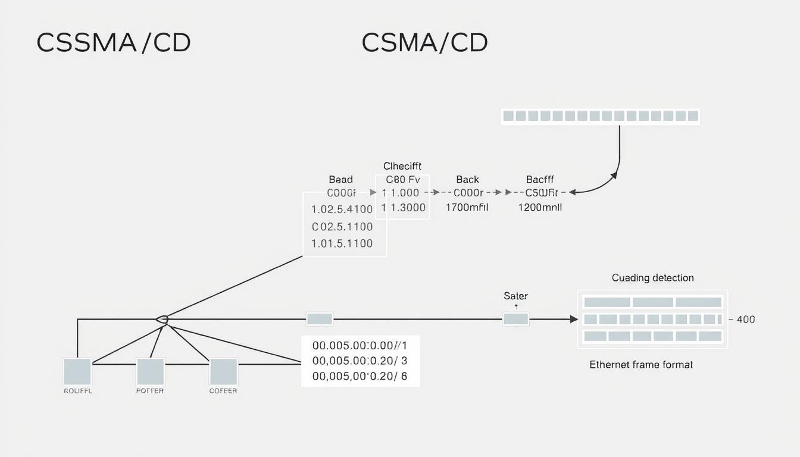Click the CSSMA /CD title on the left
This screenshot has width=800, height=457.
[x=114, y=43]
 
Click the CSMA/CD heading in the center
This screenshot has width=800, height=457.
[x=424, y=43]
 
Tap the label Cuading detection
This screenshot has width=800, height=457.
[x=652, y=278]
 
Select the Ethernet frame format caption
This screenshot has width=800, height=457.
[x=640, y=365]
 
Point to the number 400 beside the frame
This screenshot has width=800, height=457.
[x=745, y=320]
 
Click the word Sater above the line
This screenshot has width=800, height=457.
[x=515, y=296]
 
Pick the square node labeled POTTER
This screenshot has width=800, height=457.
[x=150, y=372]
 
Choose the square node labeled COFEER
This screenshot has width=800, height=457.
[x=223, y=372]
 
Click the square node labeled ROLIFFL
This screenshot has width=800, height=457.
[x=77, y=372]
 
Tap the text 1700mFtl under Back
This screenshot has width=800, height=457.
[x=467, y=208]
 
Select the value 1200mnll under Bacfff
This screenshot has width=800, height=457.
[x=540, y=208]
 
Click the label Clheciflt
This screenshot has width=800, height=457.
[x=402, y=166]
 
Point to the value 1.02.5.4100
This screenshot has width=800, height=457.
[x=342, y=209]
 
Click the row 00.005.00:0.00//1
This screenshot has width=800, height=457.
[x=360, y=345]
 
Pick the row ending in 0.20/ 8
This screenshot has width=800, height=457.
[x=360, y=377]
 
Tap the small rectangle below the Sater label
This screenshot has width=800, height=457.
[x=515, y=320]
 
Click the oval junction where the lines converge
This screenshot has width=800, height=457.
[x=162, y=320]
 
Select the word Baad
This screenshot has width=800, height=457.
[x=340, y=179]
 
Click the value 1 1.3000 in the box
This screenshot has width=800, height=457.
[x=404, y=208]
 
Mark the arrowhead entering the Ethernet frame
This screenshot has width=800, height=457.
[x=574, y=320]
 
